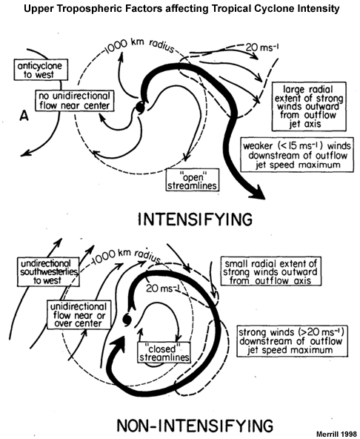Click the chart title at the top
tap(180, 9)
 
